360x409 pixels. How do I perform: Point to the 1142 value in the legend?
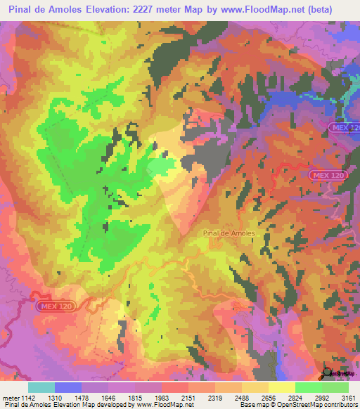pos(25,397)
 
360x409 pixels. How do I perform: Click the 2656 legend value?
pos(268,397)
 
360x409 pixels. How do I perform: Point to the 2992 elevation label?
pos(321,397)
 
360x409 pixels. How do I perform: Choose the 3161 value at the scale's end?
pos(348,397)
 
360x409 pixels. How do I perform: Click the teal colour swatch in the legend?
pos(41,387)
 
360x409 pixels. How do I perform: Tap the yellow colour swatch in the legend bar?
pos(282,387)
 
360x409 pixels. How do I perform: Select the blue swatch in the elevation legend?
pos(68,387)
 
